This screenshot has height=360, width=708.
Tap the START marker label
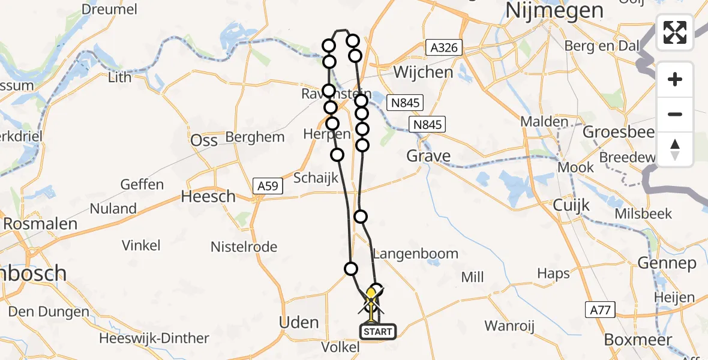click(x=377, y=331)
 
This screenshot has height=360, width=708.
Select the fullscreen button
click(x=675, y=32)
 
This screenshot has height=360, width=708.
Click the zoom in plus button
click(x=675, y=79)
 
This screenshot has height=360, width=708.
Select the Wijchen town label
click(x=424, y=73)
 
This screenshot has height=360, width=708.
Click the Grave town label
click(x=428, y=157)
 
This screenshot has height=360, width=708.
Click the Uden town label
click(x=299, y=322)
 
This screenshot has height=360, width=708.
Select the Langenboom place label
click(x=415, y=254)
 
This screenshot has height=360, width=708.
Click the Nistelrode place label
click(x=244, y=247)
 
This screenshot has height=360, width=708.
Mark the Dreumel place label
click(x=109, y=9)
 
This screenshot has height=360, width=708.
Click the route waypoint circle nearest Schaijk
click(x=337, y=155)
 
